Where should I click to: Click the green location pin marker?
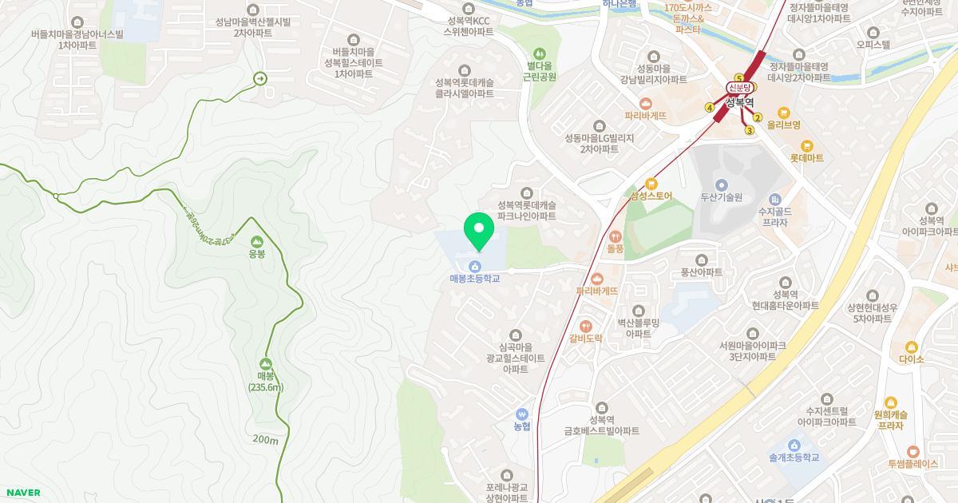click(x=479, y=231)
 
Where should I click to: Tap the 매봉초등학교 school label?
click(x=474, y=279)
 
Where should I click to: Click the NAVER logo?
click(x=22, y=493)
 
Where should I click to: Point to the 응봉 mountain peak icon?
click(x=256, y=241)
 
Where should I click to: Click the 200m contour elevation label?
click(x=265, y=440)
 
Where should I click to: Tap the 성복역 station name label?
click(x=739, y=102)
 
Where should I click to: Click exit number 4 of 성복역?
click(x=709, y=108)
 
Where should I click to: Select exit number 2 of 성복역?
click(x=758, y=117)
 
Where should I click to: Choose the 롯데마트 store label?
click(x=806, y=158)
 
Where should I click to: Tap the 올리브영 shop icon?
click(x=784, y=113)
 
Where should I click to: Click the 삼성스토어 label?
click(x=651, y=195)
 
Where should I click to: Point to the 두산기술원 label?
click(x=722, y=196)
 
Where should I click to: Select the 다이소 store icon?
click(x=911, y=347)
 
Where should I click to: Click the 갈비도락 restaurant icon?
click(x=585, y=326)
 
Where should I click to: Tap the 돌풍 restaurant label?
click(x=615, y=248)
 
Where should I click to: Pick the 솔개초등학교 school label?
click(x=794, y=457)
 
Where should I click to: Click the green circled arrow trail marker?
click(x=259, y=78)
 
